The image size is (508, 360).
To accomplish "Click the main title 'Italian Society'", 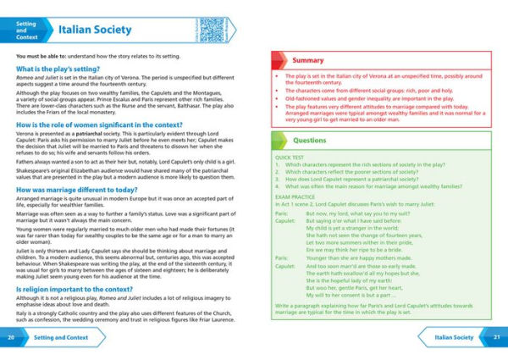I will pyautogui.click(x=95, y=30).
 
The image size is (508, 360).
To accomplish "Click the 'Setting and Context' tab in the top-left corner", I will pyautogui.click(x=26, y=30).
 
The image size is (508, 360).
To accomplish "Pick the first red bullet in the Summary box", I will pyautogui.click(x=276, y=76).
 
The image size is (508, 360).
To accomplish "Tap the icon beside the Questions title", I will pyautogui.click(x=279, y=141).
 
